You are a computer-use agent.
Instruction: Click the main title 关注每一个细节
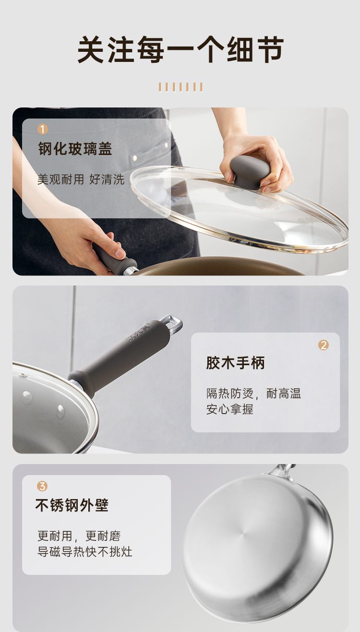click(x=180, y=49)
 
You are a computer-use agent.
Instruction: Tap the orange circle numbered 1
click(x=43, y=129)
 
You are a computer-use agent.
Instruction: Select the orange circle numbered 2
click(x=324, y=345)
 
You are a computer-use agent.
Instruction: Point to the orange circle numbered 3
click(x=42, y=486)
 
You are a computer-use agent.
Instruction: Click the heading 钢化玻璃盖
click(x=75, y=149)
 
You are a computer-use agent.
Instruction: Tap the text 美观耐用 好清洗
click(x=81, y=179)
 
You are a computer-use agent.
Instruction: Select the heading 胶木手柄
click(x=236, y=363)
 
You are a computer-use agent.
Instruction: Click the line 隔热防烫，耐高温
click(x=253, y=394)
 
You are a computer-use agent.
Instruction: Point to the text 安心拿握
click(x=229, y=409)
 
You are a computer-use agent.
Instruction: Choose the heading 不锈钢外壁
click(x=72, y=505)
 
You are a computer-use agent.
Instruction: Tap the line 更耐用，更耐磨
click(x=79, y=536)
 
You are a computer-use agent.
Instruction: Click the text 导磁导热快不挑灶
click(x=84, y=551)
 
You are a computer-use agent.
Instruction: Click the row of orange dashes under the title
click(x=180, y=87)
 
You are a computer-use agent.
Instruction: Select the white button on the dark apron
click(x=134, y=157)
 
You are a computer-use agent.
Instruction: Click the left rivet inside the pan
click(x=27, y=397)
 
